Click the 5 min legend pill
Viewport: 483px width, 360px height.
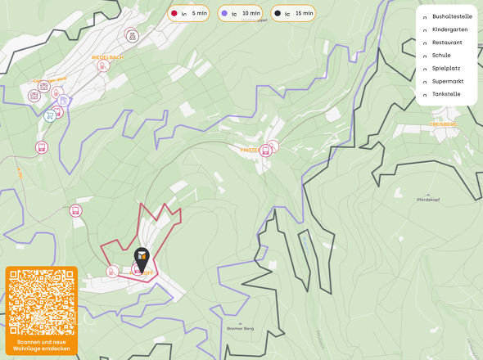coord(188,13)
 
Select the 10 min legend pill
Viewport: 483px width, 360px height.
coord(241,13)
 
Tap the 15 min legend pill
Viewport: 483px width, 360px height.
coord(293,13)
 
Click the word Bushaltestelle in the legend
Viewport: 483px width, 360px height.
coord(452,16)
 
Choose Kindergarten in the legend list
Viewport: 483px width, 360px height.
coord(449,29)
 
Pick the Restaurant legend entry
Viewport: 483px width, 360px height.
coord(447,42)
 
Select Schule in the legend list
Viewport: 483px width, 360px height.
coord(441,55)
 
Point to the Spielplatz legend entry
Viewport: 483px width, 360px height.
coord(446,68)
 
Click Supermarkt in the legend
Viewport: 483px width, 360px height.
coord(448,81)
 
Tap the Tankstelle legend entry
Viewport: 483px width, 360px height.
coord(446,94)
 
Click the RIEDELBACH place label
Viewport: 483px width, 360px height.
coord(107,57)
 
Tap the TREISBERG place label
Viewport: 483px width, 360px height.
coord(441,124)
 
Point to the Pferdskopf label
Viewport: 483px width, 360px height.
coord(429,200)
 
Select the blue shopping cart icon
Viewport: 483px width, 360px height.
coord(51,115)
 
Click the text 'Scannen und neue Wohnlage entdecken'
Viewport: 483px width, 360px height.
coord(42,344)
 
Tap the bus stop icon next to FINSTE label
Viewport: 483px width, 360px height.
coord(273,146)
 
